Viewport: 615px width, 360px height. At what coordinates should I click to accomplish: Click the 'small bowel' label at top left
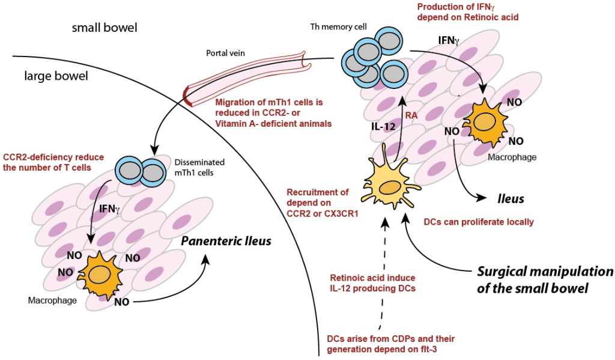105,28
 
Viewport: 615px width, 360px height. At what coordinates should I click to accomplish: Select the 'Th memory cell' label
337,28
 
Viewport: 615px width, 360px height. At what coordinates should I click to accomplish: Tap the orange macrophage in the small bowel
482,121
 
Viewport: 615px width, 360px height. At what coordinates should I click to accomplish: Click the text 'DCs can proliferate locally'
478,222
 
